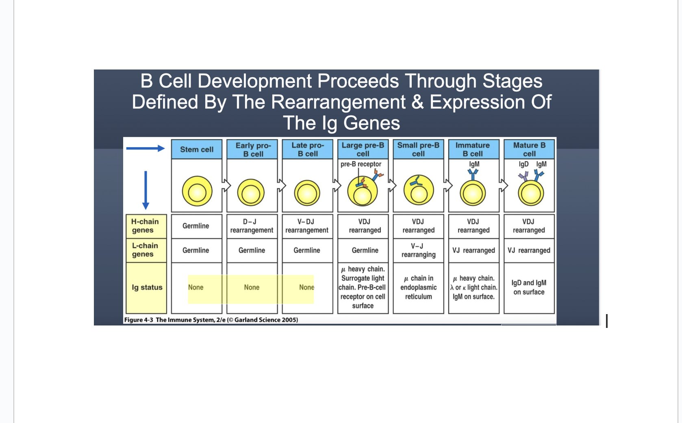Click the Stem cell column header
197,150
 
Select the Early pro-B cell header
253,150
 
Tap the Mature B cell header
529,150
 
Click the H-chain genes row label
146,226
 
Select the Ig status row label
147,288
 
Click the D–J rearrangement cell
252,226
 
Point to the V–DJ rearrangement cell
307,226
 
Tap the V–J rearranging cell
418,250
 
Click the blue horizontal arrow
145,148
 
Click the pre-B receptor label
361,164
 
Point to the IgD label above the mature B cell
523,164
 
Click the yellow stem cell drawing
197,191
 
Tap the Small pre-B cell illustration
418,190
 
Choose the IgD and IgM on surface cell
529,288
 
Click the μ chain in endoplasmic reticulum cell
418,288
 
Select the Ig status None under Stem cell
196,288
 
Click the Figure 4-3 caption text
211,320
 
